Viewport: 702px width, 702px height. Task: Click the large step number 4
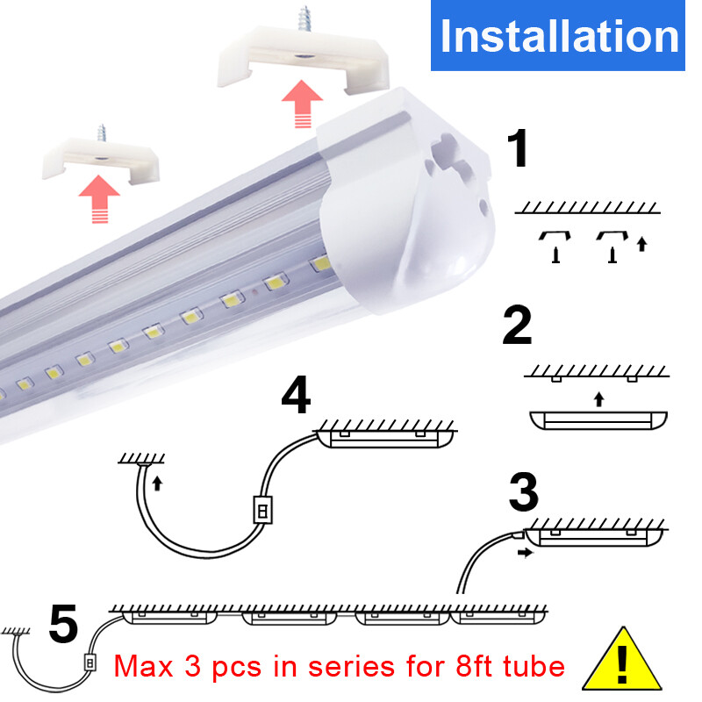coord(296,396)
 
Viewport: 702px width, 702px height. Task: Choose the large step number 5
coord(63,625)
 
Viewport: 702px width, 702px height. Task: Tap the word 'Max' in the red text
coord(146,666)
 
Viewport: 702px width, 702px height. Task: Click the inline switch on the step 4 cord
coord(261,510)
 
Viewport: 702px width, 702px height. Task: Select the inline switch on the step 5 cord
coord(88,662)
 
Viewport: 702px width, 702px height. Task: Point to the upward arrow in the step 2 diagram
coord(598,399)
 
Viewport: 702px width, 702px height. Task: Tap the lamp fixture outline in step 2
coord(598,419)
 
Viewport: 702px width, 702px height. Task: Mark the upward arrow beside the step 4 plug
coord(158,482)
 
